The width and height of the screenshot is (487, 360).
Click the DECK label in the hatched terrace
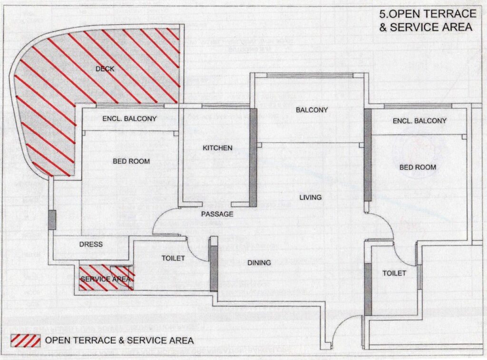coord(105,69)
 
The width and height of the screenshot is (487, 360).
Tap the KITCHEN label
coord(218,148)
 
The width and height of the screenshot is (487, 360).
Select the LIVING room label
coord(310,197)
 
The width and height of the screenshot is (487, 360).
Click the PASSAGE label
coord(217,214)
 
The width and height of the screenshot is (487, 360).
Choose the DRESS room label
coord(91,244)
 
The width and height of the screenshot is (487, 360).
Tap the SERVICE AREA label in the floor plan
coord(105,279)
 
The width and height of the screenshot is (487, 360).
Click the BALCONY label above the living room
coord(312,110)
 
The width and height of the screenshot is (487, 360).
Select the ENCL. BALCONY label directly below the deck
coord(129,119)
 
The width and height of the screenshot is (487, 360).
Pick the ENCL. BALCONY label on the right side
coord(419,121)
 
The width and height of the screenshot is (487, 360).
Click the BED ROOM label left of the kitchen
coord(131,161)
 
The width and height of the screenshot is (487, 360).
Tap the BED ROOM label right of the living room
coord(418,167)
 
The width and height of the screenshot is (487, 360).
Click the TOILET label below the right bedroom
coord(394,273)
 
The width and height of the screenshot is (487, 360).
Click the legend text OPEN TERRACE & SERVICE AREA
coord(119,341)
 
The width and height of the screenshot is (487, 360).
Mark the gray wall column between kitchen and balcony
coord(253,157)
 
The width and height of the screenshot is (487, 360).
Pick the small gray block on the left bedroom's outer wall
coord(52,219)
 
